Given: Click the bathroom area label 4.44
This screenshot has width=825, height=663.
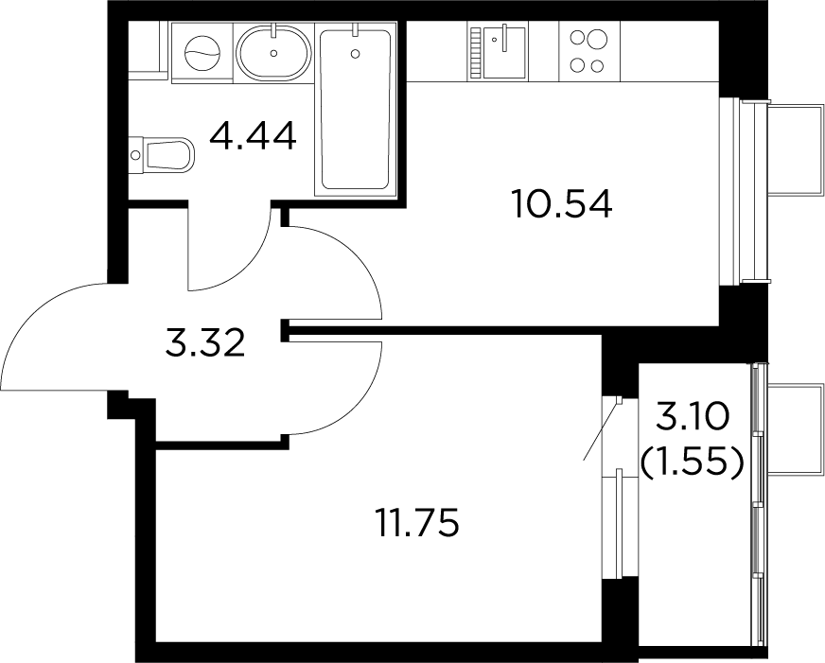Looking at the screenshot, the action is point(253,135).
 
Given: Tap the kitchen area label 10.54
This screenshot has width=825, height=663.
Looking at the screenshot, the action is point(562,203).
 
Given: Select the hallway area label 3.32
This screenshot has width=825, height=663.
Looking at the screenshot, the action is point(205,342).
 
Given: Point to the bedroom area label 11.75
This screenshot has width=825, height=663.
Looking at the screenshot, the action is point(418,522).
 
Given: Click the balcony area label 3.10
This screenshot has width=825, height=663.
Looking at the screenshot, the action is point(693,417).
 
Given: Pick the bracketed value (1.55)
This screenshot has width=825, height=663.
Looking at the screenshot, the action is point(693,462).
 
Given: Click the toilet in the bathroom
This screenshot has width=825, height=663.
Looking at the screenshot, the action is point(163,154).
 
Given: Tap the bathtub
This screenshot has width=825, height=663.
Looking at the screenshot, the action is point(356,110).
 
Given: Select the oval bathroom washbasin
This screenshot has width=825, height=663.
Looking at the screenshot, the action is point(273,52).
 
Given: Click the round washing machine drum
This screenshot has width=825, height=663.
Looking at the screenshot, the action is point(202,53).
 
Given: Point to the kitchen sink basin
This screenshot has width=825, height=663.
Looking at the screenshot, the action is point(504,53).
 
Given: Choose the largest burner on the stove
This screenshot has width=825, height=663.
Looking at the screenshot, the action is point(597,39).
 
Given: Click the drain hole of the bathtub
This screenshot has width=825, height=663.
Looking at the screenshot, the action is point(356,53).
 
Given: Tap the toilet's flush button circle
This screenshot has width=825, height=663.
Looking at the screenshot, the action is point(135,155).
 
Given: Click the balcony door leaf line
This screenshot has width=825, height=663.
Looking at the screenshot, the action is point(602,429).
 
